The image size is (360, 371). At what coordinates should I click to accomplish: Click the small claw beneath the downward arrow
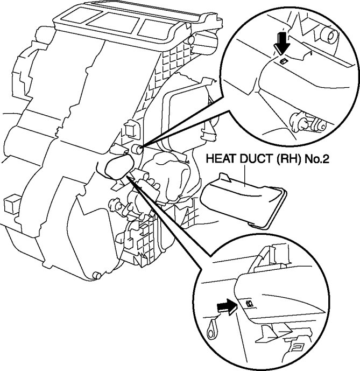coord(284,61)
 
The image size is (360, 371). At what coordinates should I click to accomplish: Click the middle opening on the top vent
coord(111,25)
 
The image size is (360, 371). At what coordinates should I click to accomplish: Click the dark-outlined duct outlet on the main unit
coord(115,169)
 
